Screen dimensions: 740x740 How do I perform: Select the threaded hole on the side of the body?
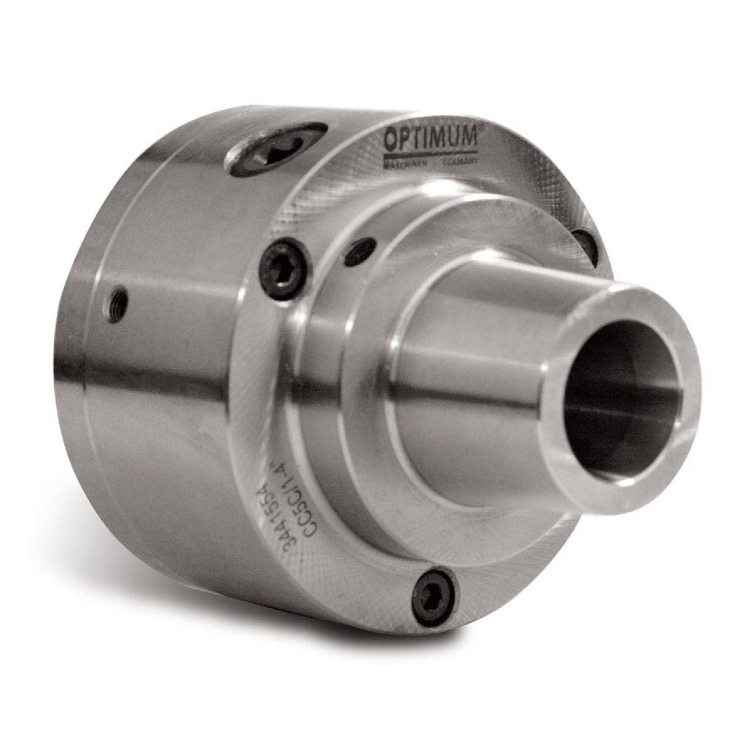tap(123, 300)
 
